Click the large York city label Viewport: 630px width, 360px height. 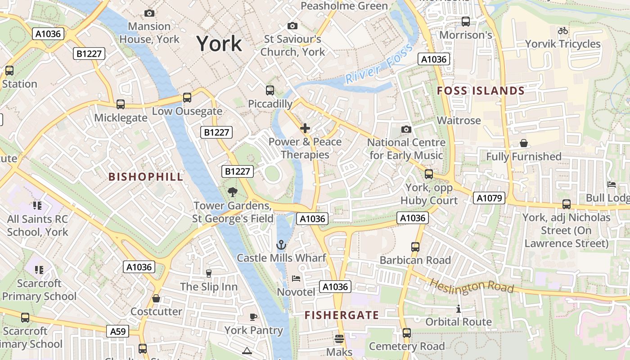[219, 44]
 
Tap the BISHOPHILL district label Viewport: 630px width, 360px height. [146, 177]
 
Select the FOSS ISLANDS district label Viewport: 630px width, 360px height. [481, 91]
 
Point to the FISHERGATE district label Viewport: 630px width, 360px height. [342, 315]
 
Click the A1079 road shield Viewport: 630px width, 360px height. [489, 198]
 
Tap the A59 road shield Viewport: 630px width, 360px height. [118, 332]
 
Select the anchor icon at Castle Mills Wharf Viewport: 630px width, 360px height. [281, 245]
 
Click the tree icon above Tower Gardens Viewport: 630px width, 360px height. [233, 193]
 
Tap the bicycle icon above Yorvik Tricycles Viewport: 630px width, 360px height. [562, 31]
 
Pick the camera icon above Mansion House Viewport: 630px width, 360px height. [149, 13]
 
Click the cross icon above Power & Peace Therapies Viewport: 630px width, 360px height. [305, 129]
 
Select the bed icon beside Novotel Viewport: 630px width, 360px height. [296, 279]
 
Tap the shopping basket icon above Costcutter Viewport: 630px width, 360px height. [156, 298]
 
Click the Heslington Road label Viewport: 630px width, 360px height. [471, 286]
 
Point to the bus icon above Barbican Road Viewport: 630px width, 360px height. [415, 247]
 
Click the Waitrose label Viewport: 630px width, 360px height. [459, 121]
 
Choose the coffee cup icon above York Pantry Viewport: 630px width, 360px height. [253, 317]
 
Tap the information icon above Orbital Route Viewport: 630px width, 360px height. [458, 309]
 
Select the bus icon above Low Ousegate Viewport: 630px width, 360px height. [187, 98]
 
